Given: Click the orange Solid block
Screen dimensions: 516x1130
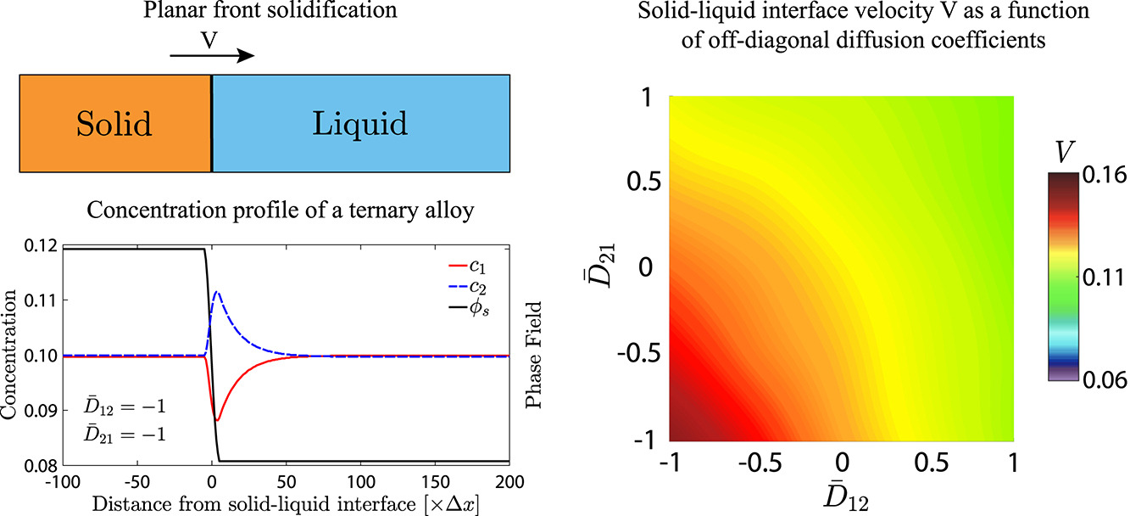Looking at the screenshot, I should tap(114, 124).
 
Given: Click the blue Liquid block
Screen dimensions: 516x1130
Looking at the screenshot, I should tap(361, 124).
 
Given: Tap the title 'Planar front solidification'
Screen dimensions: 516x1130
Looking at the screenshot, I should tap(263, 14).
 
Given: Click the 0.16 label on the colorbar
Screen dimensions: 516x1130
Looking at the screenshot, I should tap(1102, 176).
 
